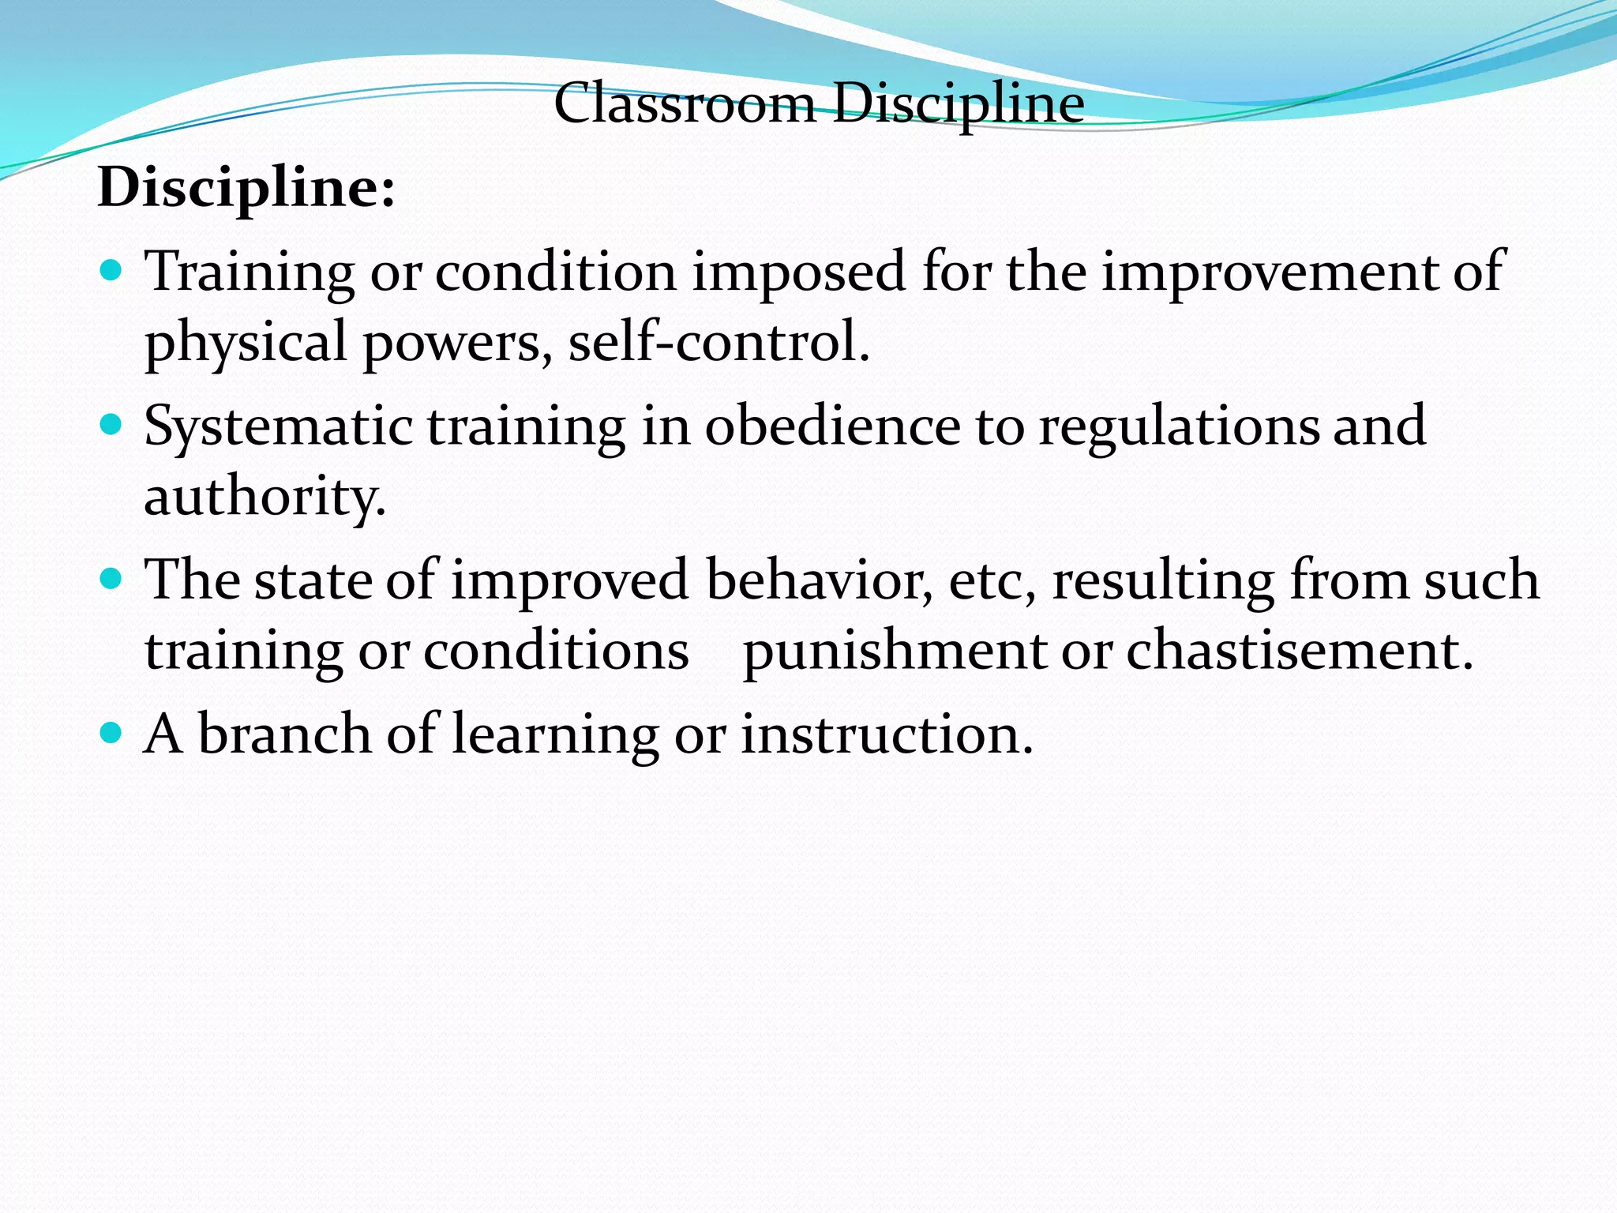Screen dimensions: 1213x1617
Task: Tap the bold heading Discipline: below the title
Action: [246, 188]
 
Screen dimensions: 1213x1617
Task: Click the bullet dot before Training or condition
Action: [112, 272]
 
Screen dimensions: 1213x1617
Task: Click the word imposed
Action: [798, 272]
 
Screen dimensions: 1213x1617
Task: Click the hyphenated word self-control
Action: [718, 342]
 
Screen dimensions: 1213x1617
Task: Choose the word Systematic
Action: [278, 426]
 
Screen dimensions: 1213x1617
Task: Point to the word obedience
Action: [832, 426]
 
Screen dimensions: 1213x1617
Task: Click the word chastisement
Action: [1299, 652]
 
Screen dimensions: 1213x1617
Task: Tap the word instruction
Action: [886, 734]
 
